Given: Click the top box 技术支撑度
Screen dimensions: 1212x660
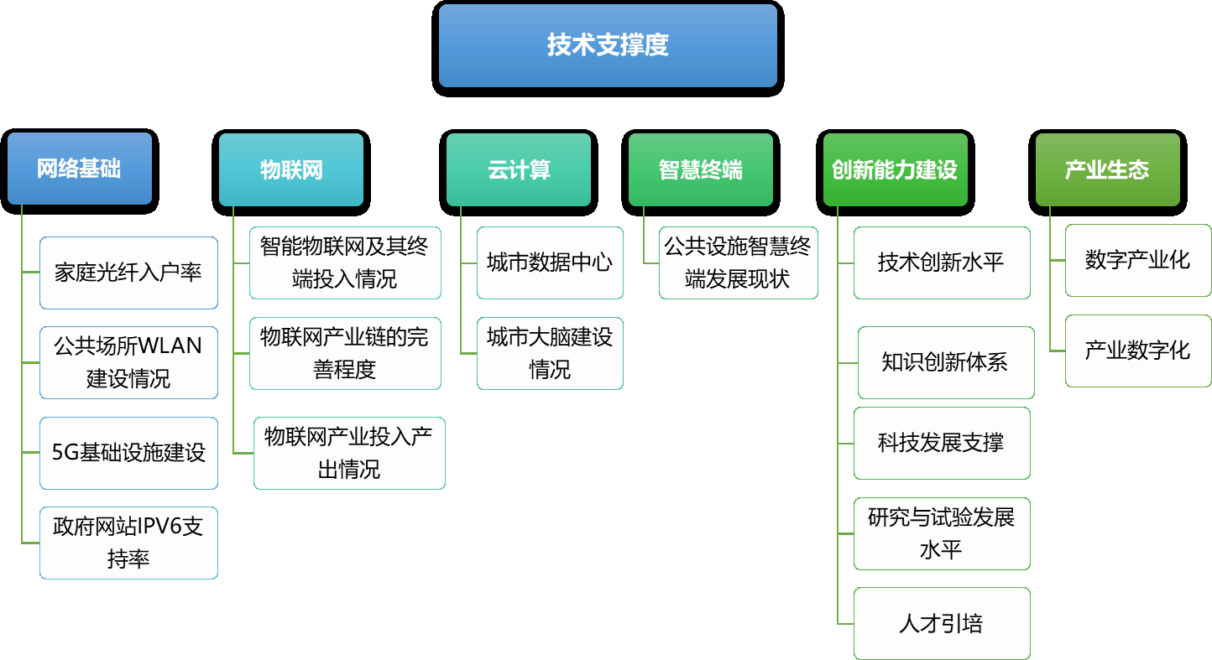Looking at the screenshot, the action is coord(608,45).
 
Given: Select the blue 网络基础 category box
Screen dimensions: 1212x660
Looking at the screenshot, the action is coord(80,169).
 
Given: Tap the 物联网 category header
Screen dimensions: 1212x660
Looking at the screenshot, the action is coord(291,169).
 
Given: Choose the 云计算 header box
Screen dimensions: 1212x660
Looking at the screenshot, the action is coord(519,169).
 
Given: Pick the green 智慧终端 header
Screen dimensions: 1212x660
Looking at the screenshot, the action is coord(701,169).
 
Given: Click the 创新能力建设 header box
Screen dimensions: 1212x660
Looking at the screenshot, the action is coord(895,169).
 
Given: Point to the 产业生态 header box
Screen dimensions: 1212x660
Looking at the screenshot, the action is coord(1108,169).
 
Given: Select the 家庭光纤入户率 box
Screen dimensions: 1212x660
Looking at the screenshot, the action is coord(128,273).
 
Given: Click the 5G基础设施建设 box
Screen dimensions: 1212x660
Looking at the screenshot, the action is coord(128,453).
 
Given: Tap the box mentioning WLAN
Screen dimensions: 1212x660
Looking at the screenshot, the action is coord(128,362).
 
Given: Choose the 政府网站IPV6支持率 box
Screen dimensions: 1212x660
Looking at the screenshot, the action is coord(128,543).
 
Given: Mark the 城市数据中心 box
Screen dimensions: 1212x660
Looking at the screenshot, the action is coord(550,262).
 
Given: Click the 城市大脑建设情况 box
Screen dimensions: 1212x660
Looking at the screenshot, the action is coord(550,354).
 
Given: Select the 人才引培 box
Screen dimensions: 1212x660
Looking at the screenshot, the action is coord(942,624).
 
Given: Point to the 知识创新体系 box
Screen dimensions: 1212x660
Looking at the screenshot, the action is coord(946,362).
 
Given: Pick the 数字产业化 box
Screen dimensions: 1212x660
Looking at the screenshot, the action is coord(1138,261).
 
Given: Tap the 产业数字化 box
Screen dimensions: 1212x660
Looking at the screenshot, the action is coord(1138,351).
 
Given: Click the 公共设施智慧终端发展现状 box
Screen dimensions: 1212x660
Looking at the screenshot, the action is coord(738,262).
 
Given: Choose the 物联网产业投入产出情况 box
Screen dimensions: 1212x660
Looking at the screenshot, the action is coord(349,453).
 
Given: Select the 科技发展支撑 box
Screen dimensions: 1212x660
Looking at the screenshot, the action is coord(942,444).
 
